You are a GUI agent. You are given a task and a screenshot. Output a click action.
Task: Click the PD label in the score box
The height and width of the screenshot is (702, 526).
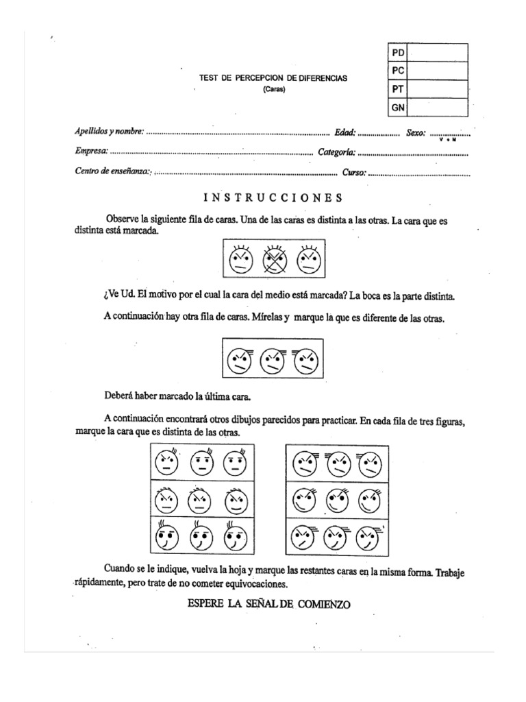398,53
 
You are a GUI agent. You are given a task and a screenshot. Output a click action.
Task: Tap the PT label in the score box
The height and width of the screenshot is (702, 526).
398,89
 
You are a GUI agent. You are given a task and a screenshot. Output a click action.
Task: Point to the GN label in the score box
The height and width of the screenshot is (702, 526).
398,108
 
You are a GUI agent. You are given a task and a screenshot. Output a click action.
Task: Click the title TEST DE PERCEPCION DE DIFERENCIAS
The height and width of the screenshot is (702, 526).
273,78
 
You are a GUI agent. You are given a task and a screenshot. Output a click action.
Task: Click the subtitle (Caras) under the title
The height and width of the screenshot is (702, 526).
273,90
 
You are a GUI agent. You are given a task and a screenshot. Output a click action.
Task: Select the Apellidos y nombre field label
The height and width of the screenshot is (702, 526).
109,132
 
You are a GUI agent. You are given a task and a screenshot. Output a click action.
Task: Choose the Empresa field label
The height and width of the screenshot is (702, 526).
91,152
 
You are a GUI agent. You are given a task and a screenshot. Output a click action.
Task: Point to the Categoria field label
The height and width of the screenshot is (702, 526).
336,152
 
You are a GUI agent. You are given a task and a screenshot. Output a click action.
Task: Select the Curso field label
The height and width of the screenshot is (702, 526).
353,172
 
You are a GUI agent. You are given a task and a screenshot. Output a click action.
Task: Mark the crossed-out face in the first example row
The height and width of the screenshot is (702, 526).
274,260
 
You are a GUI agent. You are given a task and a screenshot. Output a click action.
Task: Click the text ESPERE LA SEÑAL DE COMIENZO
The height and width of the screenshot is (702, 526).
268,605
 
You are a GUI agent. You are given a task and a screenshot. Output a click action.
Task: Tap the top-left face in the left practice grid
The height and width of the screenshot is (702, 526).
166,463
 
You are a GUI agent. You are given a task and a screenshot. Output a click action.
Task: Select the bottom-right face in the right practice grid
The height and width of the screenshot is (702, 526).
369,536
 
